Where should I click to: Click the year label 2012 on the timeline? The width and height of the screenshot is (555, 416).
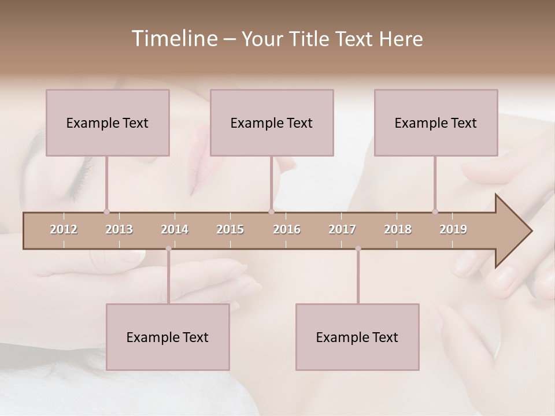coord(64,229)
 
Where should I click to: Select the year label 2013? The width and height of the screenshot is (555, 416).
coord(119,229)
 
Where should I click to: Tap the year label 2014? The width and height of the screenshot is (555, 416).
coord(175,229)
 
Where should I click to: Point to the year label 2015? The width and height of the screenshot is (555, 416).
coord(230,229)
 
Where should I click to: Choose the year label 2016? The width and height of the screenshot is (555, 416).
coord(287,229)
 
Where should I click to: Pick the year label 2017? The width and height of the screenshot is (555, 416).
coord(342,229)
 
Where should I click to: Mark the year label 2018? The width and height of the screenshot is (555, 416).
coord(398,229)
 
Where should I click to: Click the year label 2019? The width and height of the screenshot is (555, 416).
coord(453,229)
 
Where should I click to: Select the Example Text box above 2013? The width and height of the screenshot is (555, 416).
coord(108,122)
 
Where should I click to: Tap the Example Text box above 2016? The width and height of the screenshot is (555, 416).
coord(272,122)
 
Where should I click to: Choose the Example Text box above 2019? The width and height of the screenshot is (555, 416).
coord(436,122)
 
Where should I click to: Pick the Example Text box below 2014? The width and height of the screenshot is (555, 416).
coord(168,337)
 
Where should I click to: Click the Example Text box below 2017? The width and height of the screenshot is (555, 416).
coord(357,337)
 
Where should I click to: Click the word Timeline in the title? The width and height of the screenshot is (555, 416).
coord(173,39)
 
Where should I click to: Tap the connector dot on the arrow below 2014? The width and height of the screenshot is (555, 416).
coord(168,248)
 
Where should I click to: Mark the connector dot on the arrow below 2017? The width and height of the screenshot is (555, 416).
coord(358,248)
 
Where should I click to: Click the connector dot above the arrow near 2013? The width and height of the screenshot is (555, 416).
coord(106,211)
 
